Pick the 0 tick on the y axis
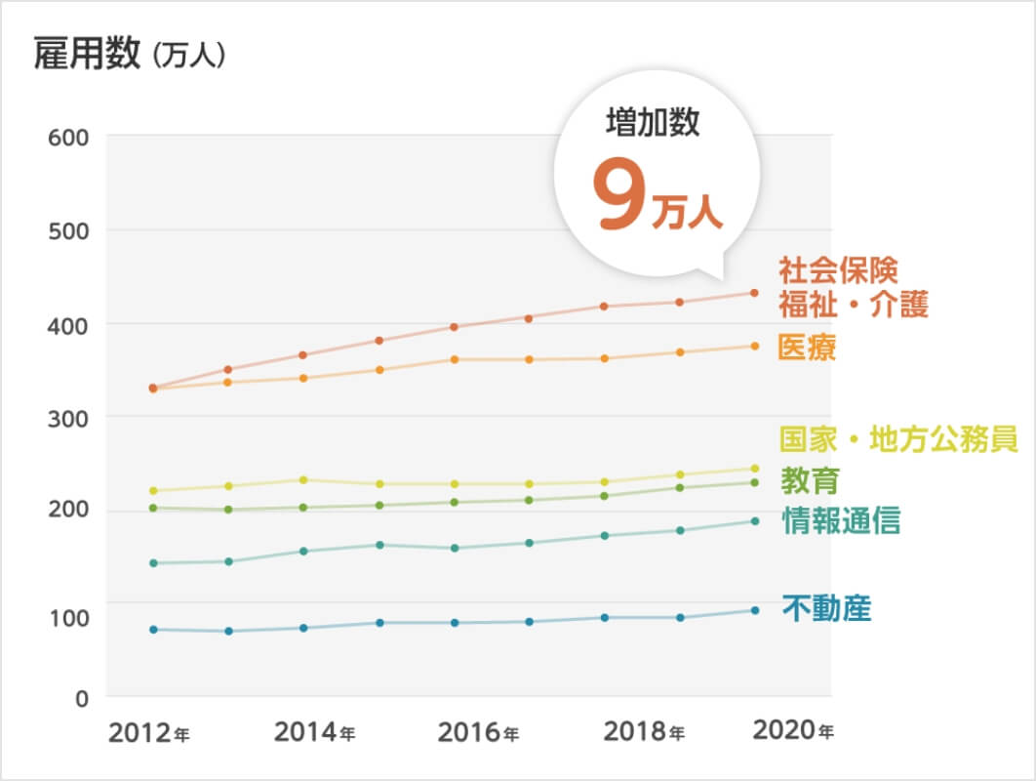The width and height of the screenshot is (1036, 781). point(82,698)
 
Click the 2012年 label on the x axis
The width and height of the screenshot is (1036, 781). point(148,732)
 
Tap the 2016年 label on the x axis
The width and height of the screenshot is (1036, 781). point(478,732)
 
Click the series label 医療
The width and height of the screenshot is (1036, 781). point(807,348)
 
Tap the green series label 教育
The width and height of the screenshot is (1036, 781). point(810,480)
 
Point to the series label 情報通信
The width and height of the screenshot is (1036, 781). point(841,520)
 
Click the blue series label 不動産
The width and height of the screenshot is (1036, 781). point(826,608)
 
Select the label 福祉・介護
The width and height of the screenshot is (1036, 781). point(853,304)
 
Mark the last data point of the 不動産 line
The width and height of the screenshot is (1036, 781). point(754,610)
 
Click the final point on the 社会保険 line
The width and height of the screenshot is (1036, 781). point(754,293)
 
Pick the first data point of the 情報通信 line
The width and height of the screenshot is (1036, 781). point(153,562)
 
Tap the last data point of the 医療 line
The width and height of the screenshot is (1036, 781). point(754,346)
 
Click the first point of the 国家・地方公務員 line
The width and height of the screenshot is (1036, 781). point(153,490)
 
